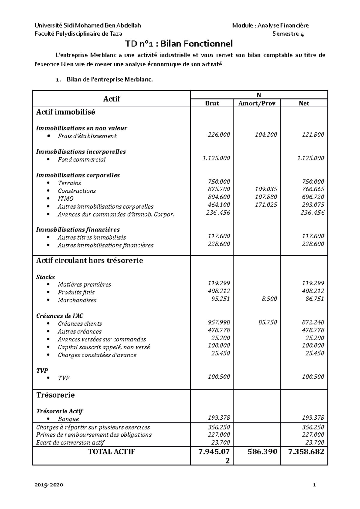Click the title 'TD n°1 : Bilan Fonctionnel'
coord(179,44)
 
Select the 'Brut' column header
coord(212,103)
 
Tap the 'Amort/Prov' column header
coord(257,103)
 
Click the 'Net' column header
coord(304,103)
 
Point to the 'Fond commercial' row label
coord(82,160)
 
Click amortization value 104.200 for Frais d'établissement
coord(266,135)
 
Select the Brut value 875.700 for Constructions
coord(219,189)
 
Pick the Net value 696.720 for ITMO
coord(313,197)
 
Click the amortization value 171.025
coord(266,205)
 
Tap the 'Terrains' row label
coord(69,183)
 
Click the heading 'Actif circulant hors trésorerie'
coord(89,260)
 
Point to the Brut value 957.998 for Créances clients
coord(219,322)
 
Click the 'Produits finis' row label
coord(76,292)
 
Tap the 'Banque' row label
coord(68,419)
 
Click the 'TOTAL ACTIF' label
coord(112,452)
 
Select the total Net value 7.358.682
coord(306,452)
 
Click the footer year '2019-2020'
coord(49,485)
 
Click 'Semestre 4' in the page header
coord(288,34)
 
